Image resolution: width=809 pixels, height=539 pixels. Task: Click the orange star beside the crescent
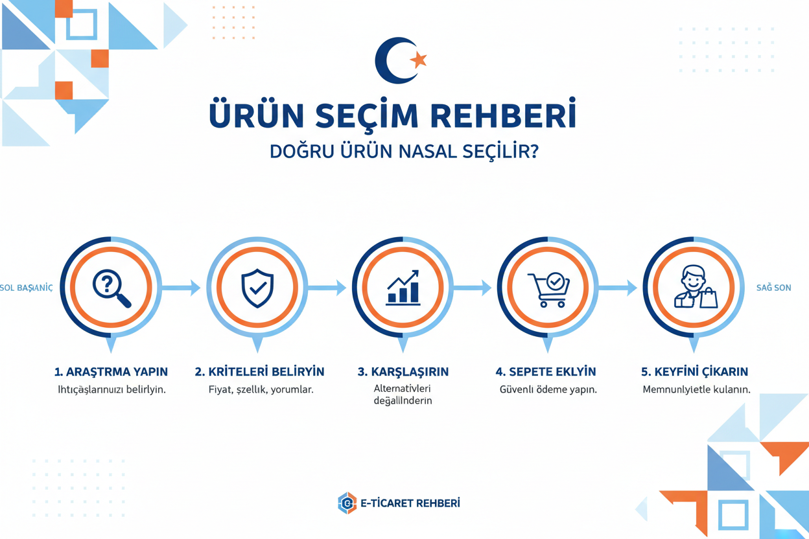click(419, 60)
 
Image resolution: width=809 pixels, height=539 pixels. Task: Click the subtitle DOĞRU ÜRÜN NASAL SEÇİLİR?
click(404, 152)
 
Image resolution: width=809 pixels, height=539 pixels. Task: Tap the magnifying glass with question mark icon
click(111, 288)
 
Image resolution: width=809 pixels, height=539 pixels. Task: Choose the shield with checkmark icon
click(257, 288)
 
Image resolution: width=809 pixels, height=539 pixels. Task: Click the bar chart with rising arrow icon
click(403, 288)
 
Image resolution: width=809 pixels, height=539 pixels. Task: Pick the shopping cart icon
click(548, 289)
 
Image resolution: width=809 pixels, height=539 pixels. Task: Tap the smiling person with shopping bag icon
click(694, 288)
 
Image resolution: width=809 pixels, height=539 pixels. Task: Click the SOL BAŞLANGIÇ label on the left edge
click(27, 288)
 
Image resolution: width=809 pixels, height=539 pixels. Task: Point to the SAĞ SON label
click(773, 288)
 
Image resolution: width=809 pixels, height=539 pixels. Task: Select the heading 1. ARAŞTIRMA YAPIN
click(111, 372)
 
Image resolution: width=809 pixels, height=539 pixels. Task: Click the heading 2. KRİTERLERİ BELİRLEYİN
click(259, 372)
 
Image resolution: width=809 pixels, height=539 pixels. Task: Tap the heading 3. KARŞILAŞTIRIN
click(403, 372)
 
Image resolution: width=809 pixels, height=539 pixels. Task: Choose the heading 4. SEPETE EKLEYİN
click(546, 372)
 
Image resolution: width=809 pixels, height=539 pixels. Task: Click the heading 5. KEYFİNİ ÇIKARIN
click(694, 372)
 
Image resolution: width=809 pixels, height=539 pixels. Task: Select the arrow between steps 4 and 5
click(618, 288)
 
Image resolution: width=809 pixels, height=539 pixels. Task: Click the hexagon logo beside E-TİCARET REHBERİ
click(347, 503)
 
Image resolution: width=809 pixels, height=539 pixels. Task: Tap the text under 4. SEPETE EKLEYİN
click(548, 390)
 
